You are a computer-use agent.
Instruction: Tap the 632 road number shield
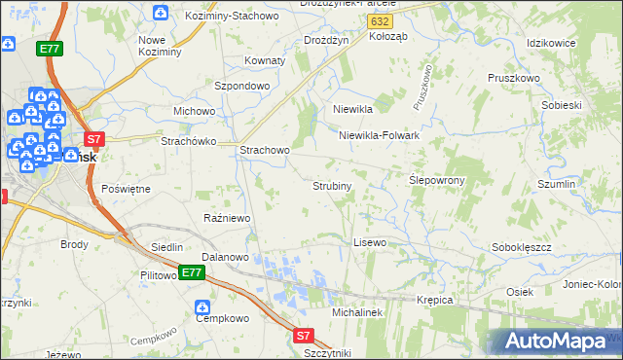click(383, 20)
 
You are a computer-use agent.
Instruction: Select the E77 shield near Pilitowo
click(191, 273)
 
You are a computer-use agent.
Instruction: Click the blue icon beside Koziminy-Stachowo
click(161, 13)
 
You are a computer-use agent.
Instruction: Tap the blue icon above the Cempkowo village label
click(202, 301)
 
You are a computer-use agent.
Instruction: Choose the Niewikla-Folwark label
click(379, 136)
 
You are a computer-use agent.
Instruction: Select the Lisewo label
click(370, 241)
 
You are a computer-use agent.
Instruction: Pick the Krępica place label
click(435, 300)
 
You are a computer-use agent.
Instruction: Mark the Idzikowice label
click(551, 44)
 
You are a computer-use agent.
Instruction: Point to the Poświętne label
click(126, 188)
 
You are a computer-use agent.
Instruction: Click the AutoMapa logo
click(552, 342)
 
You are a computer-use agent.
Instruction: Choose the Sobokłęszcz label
click(522, 247)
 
